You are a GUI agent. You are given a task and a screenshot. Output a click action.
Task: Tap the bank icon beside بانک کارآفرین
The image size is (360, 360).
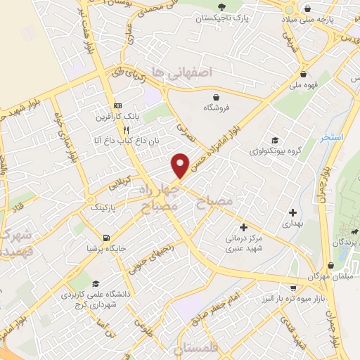[117, 105]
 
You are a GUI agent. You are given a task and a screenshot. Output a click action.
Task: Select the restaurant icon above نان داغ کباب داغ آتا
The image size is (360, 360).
[126, 130]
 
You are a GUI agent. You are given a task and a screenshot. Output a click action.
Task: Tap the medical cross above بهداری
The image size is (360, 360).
[293, 212]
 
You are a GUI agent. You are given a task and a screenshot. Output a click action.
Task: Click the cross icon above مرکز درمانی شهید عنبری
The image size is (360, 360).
[243, 226]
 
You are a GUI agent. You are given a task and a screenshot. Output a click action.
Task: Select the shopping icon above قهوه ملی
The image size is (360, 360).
[303, 73]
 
